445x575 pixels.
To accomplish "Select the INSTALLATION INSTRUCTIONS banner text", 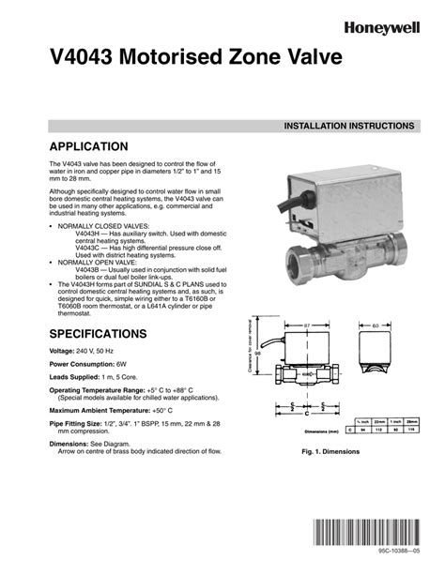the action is point(342,125).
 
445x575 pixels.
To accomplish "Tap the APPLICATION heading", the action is point(87,146).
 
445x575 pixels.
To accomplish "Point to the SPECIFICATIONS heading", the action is point(98,333).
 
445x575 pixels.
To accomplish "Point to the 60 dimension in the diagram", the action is point(376,325).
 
